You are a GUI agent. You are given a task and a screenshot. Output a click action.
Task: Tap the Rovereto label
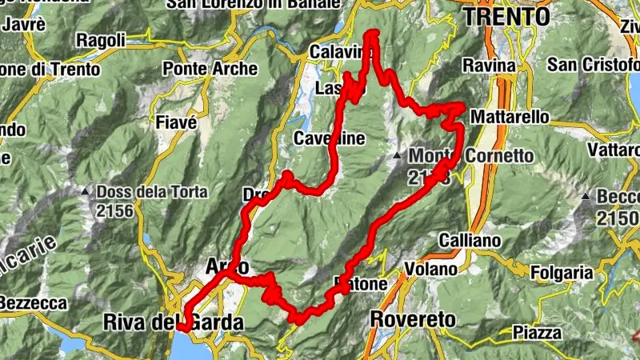pos(413,320)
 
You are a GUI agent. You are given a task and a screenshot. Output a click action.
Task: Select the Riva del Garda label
pos(172,322)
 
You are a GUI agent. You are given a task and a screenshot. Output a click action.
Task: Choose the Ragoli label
pos(100,39)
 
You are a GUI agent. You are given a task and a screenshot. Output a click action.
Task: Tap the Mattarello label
pos(510,118)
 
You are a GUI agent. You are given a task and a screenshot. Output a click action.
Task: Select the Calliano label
pos(470,240)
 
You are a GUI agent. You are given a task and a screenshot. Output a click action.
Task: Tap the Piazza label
pos(535,331)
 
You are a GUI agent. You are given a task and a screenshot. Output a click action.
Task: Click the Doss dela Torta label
pos(152,193)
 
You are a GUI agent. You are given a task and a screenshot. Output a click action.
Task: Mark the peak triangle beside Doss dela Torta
pos(85,192)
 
